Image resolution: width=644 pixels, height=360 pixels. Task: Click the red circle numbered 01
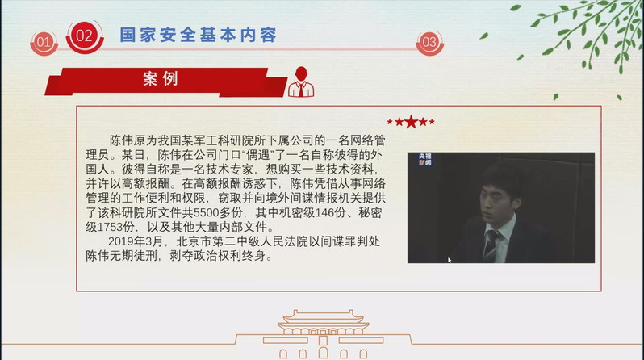click(44, 42)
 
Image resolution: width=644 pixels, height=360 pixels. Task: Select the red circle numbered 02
click(85, 36)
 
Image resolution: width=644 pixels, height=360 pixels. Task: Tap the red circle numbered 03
click(429, 42)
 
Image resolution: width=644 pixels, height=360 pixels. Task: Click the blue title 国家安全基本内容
click(199, 35)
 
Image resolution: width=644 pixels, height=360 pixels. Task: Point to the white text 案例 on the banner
click(161, 78)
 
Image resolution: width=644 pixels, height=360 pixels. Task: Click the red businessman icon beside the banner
click(301, 82)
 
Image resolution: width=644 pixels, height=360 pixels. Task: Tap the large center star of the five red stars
click(411, 122)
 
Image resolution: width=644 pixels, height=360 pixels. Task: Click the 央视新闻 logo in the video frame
click(424, 160)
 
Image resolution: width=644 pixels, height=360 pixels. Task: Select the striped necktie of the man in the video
click(491, 245)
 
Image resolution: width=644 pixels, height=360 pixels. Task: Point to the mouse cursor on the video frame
click(450, 260)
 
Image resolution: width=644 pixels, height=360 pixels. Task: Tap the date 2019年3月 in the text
click(136, 241)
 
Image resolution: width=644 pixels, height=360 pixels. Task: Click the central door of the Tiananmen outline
click(324, 353)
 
